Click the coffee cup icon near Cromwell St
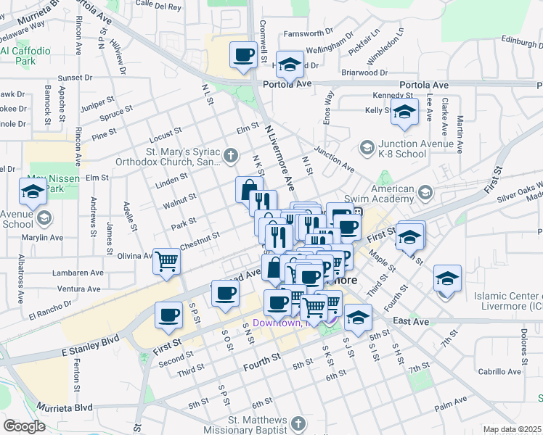click(x=243, y=54)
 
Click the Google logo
click(x=24, y=426)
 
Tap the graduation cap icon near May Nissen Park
click(x=33, y=192)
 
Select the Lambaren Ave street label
click(x=78, y=273)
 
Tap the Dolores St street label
click(x=522, y=347)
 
